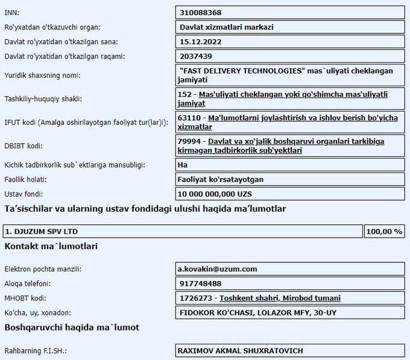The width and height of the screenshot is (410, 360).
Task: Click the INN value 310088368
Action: (x=201, y=12)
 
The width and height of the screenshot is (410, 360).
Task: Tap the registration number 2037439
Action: (x=196, y=56)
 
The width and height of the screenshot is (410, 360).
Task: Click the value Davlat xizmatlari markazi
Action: (x=227, y=27)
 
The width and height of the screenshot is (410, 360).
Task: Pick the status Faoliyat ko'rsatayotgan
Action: (x=221, y=179)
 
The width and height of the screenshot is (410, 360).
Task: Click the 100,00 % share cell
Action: (x=384, y=232)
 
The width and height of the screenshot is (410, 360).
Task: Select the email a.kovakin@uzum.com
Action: (x=217, y=269)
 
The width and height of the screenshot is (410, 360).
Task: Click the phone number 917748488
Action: (x=201, y=283)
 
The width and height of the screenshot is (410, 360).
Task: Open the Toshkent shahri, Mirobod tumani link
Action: (x=280, y=298)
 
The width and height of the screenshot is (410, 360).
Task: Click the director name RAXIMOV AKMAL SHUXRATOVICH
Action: (x=240, y=350)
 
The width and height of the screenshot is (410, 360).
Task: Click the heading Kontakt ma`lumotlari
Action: (x=51, y=247)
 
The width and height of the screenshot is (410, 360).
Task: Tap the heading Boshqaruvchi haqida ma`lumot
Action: (x=72, y=327)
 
